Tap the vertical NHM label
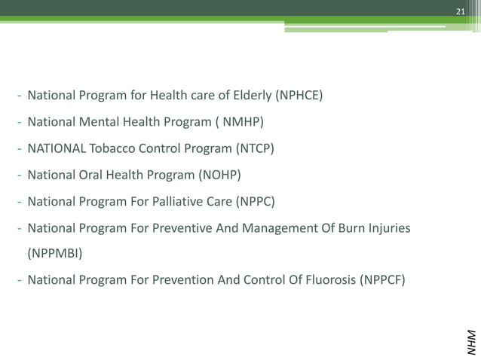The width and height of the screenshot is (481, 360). click(470, 341)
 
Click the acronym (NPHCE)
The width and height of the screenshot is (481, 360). click(299, 96)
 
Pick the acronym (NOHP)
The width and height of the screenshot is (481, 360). click(219, 175)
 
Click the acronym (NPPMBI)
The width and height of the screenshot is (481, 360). click(55, 254)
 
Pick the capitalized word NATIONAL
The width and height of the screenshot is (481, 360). click(57, 148)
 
